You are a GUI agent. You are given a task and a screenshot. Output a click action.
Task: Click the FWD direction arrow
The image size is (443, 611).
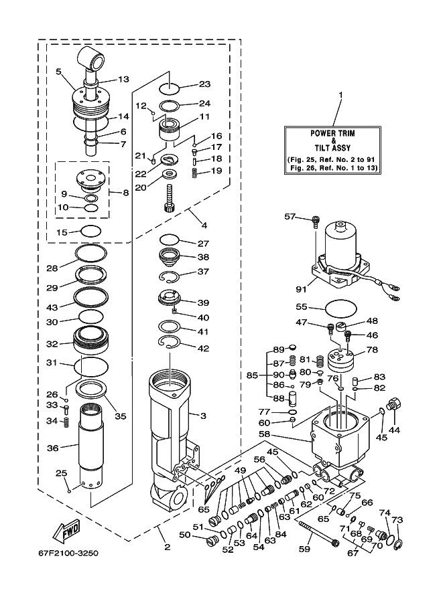pos(67,531)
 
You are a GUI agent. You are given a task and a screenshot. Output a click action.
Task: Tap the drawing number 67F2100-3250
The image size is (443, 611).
pos(68,553)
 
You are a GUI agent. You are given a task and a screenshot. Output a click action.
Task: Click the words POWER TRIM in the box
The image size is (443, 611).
pos(332,133)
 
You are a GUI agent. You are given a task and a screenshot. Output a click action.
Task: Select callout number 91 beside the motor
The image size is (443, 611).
pos(301,289)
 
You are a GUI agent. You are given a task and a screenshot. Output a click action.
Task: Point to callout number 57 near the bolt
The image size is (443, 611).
pos(290,216)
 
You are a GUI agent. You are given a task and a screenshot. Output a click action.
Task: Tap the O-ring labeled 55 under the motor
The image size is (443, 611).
pos(340,308)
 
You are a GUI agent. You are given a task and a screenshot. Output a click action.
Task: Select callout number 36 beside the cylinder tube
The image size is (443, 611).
pos(53,448)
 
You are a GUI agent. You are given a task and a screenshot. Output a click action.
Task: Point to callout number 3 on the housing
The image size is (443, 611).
pos(203,416)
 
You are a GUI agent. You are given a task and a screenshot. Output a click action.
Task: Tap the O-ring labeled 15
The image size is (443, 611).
pos(91,231)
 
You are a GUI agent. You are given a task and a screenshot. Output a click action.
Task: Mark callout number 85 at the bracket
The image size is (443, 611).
pos(253,375)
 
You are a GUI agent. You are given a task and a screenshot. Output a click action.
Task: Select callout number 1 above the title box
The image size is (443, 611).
pos(340,95)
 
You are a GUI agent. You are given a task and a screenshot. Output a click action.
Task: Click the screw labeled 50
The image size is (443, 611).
pos(211,541)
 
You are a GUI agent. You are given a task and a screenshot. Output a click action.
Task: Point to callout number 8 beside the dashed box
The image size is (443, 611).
pos(125,193)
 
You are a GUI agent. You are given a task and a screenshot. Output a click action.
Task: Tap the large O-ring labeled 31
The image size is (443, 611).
pos(92,367)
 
